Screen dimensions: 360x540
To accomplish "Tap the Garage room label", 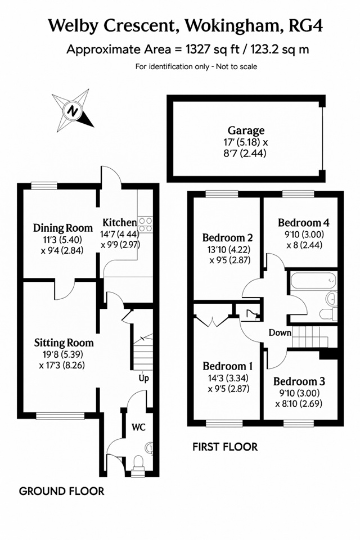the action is (246, 130).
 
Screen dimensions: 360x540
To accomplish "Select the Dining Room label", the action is (62, 228).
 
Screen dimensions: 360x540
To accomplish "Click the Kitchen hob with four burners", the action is (145, 224).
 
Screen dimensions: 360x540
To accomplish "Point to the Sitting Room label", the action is (64, 343).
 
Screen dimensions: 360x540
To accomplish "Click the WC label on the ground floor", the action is (139, 427).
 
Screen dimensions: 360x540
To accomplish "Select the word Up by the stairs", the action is (143, 378).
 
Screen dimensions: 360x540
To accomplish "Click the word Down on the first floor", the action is (280, 332).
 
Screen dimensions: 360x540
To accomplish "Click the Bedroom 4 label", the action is (304, 223).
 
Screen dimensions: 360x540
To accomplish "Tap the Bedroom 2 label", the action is (228, 237).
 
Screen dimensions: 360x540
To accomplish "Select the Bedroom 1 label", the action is (228, 366).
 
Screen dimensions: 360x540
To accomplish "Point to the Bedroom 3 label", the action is (299, 381).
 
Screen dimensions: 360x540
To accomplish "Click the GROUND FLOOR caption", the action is (62, 491).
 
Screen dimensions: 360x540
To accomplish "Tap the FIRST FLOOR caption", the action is (225, 447).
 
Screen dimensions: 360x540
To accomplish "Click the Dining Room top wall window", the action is (44, 186).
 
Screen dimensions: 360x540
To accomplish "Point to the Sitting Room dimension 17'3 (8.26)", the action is (62, 365).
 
